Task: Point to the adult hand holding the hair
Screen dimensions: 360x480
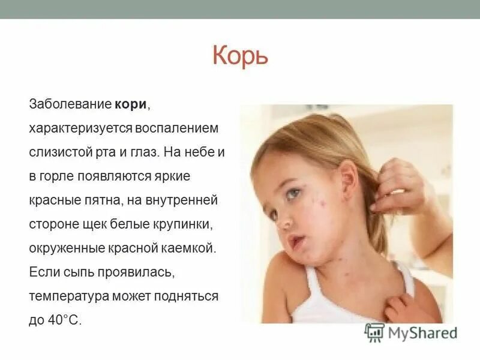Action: (x=399, y=186)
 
